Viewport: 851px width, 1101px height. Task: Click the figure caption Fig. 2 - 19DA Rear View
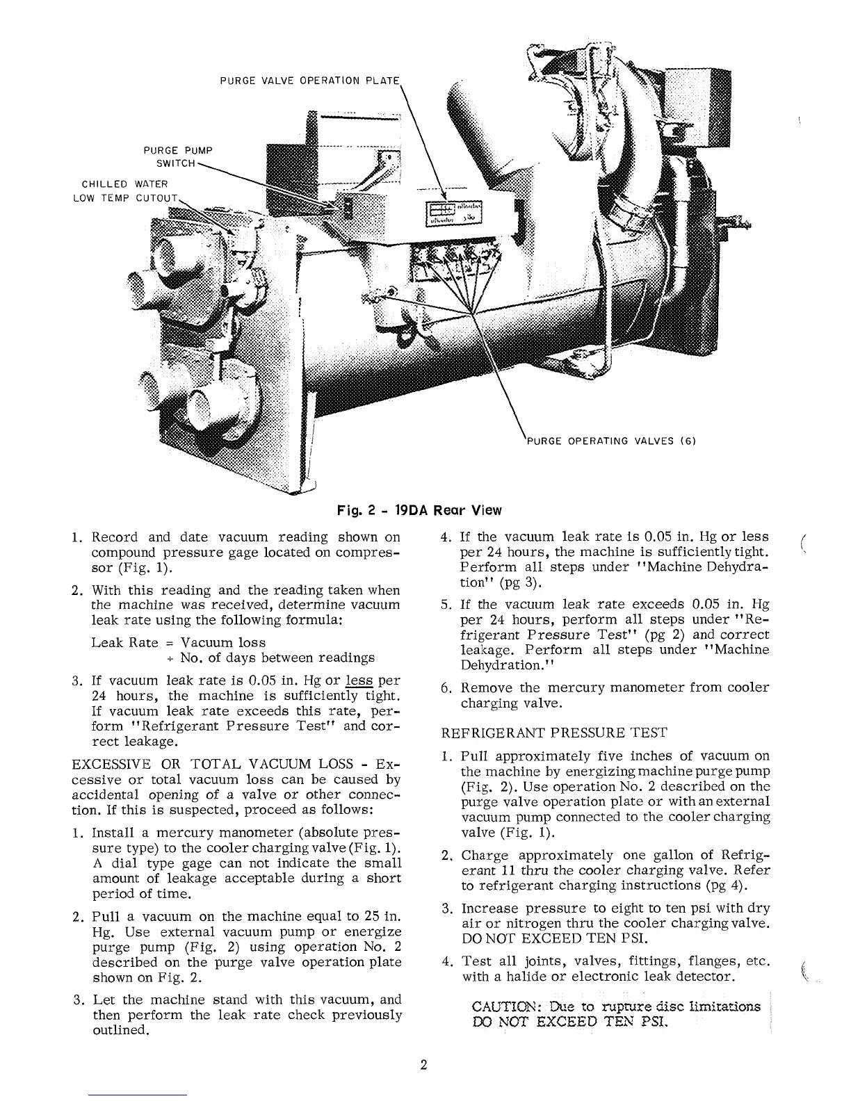coord(416,510)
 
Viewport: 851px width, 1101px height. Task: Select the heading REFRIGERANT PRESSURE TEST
coord(554,733)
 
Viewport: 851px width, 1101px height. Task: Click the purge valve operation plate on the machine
coord(453,213)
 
